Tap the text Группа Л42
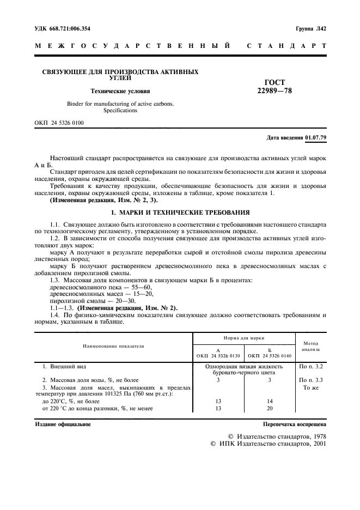coord(311,28)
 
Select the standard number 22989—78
coord(274,90)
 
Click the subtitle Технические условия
coord(120,91)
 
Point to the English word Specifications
coord(120,111)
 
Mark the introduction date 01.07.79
coord(316,137)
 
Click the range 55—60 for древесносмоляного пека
coord(143,287)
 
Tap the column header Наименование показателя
coord(113,346)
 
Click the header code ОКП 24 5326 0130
coord(218,355)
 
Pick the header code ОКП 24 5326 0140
coord(270,355)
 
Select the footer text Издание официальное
coord(63,424)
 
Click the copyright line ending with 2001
coord(268,444)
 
